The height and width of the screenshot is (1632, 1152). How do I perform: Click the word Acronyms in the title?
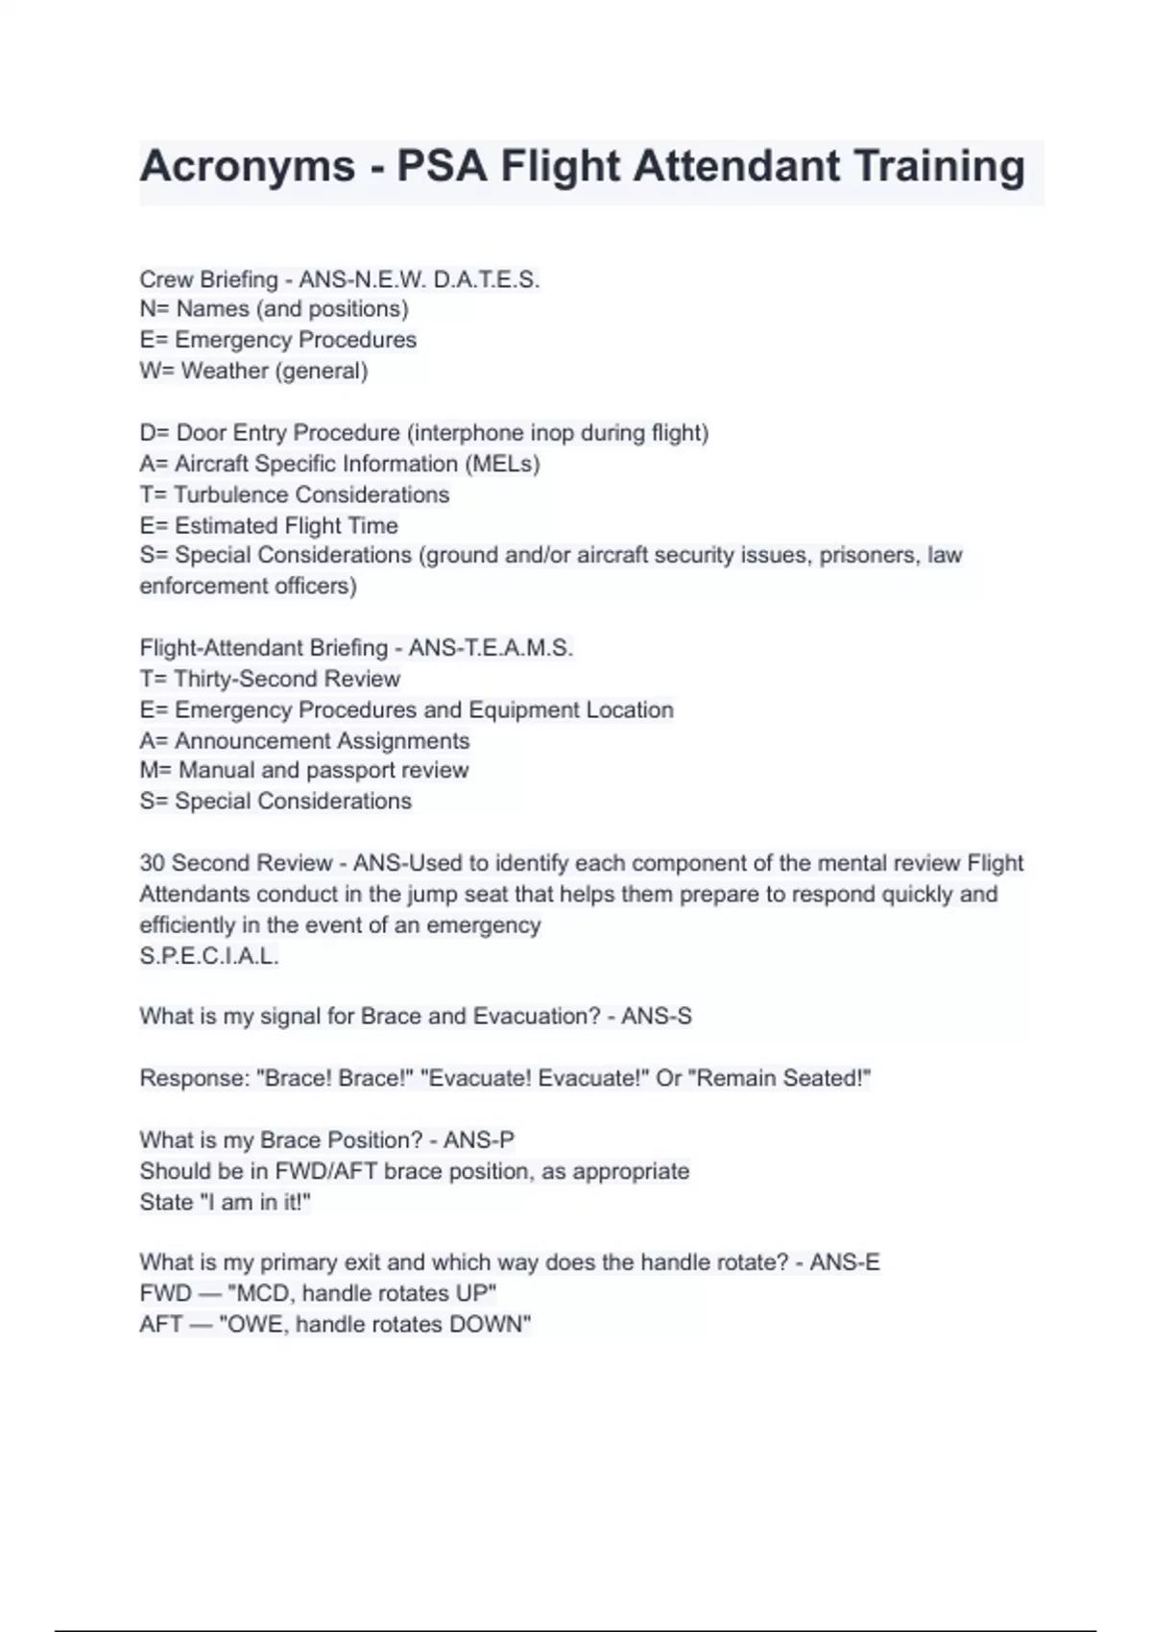point(248,167)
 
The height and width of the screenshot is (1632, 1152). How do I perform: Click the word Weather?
point(225,371)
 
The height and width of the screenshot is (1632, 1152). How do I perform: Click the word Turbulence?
point(231,494)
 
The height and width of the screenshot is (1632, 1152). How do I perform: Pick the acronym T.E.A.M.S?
point(518,648)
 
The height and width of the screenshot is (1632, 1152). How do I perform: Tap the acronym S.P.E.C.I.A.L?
point(209,956)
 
